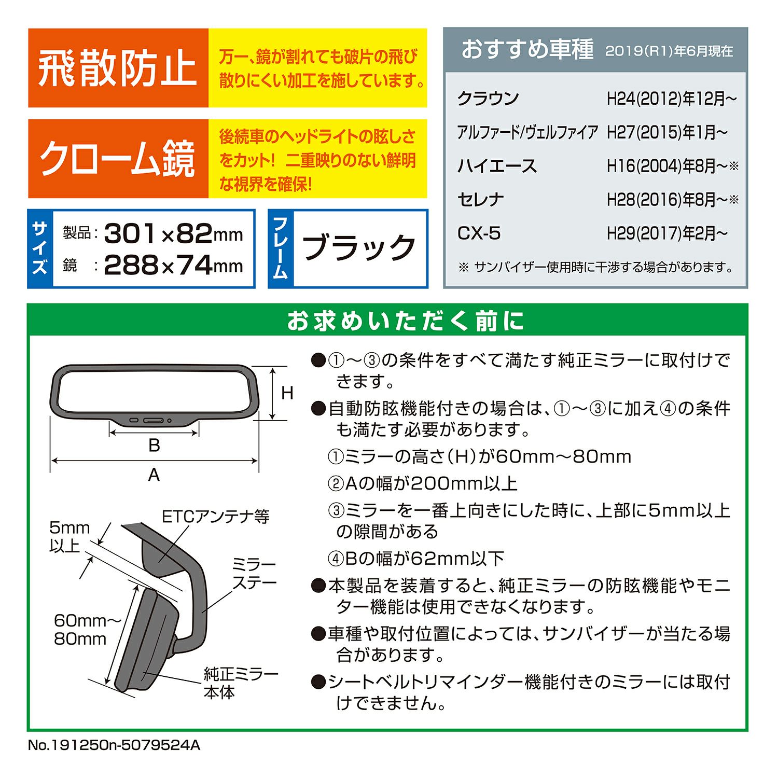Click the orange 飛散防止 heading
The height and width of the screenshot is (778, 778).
click(x=118, y=68)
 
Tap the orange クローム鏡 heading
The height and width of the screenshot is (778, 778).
click(x=118, y=159)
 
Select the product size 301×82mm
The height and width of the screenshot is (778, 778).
click(x=173, y=233)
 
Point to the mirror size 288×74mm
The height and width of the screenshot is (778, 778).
click(x=173, y=266)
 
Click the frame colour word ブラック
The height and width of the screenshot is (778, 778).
click(x=358, y=247)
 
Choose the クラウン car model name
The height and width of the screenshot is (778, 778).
click(x=488, y=98)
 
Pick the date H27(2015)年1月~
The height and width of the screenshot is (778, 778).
click(x=667, y=132)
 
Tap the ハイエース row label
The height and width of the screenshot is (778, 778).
click(x=497, y=166)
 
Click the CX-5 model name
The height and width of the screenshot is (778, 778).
click(x=479, y=233)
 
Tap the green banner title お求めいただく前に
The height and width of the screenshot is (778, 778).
click(x=406, y=321)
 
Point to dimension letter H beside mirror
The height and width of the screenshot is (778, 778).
click(x=287, y=393)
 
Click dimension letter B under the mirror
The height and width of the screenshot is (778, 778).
click(x=154, y=445)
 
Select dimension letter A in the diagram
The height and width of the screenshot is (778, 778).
click(x=154, y=475)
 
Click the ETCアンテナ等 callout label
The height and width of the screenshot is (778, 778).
click(x=216, y=517)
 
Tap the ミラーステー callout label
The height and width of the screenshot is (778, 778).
click(x=254, y=574)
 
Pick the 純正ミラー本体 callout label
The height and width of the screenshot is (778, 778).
click(x=241, y=683)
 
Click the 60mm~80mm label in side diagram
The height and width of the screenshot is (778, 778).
click(x=80, y=629)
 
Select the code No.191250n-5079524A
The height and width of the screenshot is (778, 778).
click(x=114, y=745)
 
